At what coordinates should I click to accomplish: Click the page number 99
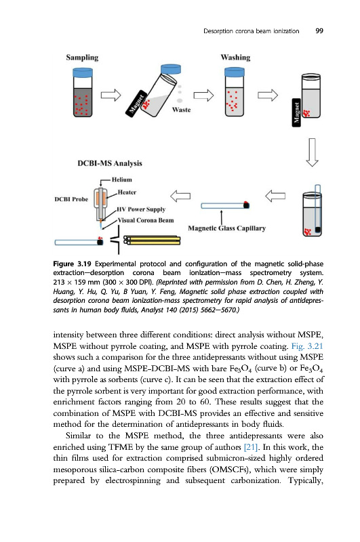[x=319, y=30]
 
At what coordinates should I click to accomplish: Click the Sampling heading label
[x=82, y=58]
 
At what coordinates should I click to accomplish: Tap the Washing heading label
[x=235, y=58]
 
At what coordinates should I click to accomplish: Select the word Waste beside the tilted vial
[x=181, y=110]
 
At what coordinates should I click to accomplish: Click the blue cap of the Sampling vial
[x=83, y=72]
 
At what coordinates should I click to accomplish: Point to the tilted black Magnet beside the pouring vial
[x=136, y=104]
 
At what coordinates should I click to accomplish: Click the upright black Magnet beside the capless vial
[x=296, y=112]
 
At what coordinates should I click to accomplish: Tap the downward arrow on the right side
[x=313, y=152]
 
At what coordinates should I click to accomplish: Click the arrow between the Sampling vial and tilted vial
[x=111, y=95]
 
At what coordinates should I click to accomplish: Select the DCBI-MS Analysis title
[x=110, y=163]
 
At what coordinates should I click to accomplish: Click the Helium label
[x=122, y=180]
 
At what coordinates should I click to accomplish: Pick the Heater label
[x=127, y=192]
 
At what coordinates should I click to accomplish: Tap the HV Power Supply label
[x=141, y=209]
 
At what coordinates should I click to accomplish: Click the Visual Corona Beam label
[x=146, y=220]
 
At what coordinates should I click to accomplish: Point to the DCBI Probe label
[x=71, y=199]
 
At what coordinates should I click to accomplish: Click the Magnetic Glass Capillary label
[x=227, y=228]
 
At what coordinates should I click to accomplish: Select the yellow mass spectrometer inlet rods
[x=152, y=240]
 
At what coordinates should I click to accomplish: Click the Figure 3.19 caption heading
[x=72, y=264]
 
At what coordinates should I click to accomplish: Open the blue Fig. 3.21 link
[x=307, y=346]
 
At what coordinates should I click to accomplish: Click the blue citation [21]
[x=251, y=447]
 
